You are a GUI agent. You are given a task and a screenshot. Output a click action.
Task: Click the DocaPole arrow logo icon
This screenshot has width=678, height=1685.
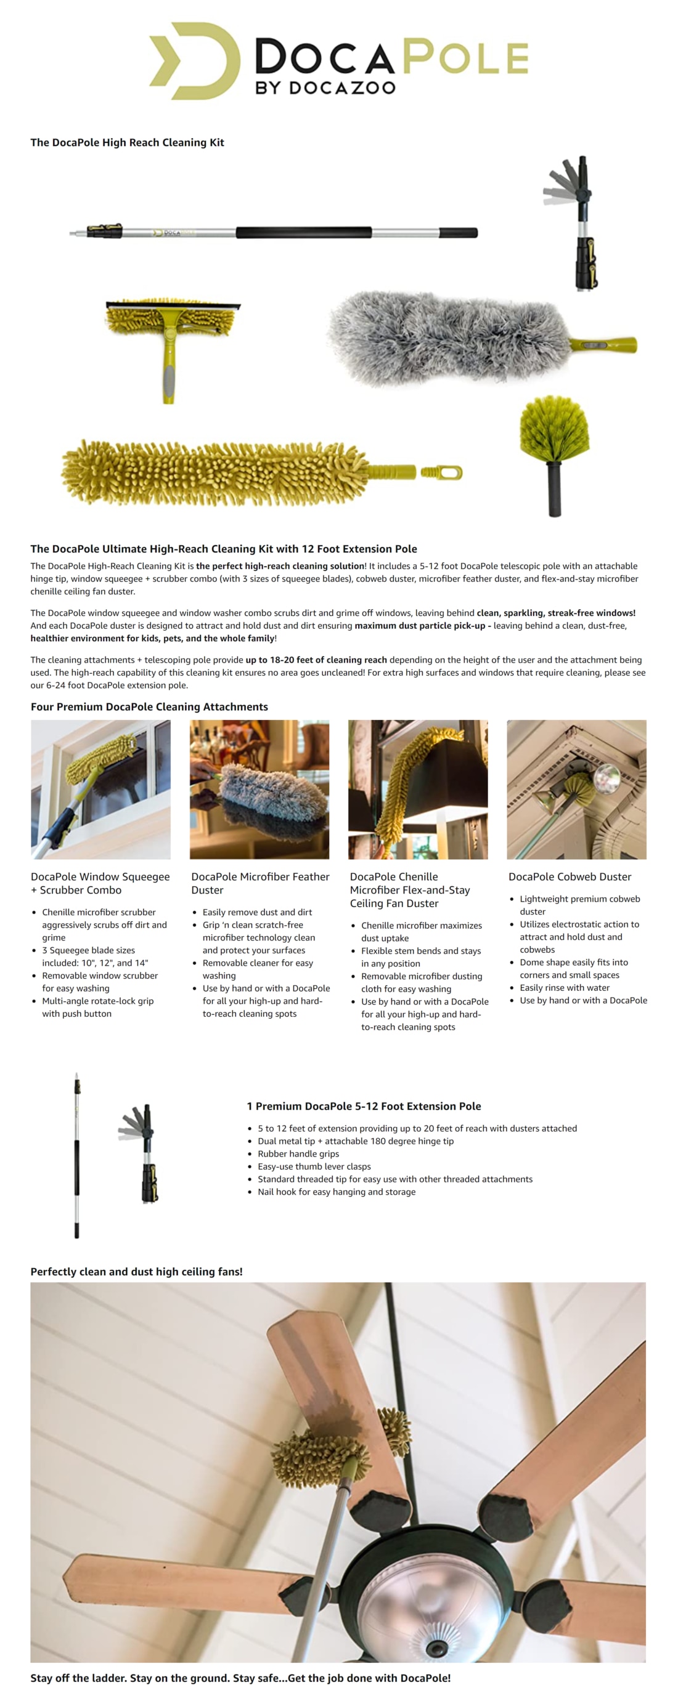194,61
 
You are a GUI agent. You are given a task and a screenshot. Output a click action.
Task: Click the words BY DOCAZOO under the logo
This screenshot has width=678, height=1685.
325,87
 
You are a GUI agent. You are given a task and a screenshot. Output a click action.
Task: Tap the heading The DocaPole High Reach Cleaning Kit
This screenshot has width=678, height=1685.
127,143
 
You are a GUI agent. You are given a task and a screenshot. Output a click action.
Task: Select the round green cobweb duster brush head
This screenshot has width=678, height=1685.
553,429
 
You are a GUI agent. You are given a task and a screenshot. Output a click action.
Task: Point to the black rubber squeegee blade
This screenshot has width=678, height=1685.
173,305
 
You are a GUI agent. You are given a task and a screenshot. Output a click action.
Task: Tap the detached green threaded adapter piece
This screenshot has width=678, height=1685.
441,472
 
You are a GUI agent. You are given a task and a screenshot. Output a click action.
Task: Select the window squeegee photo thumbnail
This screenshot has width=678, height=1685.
101,790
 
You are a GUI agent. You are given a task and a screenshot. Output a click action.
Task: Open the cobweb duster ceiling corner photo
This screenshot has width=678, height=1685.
576,790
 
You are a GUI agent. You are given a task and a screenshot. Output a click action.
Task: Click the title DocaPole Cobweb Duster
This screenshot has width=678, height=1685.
570,876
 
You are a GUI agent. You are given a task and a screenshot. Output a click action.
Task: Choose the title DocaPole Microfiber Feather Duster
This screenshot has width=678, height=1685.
260,883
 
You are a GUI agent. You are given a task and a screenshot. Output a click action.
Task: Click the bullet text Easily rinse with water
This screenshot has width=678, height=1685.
564,988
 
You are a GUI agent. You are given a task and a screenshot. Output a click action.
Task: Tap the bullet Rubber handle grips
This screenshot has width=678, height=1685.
298,1154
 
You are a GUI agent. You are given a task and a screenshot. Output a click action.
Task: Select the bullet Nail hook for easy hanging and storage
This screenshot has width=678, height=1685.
337,1192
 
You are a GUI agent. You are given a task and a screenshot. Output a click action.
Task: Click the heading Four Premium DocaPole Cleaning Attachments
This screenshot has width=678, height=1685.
149,706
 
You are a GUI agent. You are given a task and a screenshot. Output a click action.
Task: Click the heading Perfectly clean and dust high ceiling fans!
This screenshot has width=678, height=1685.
136,1272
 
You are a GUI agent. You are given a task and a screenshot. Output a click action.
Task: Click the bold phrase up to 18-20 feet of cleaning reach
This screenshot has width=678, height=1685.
316,660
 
